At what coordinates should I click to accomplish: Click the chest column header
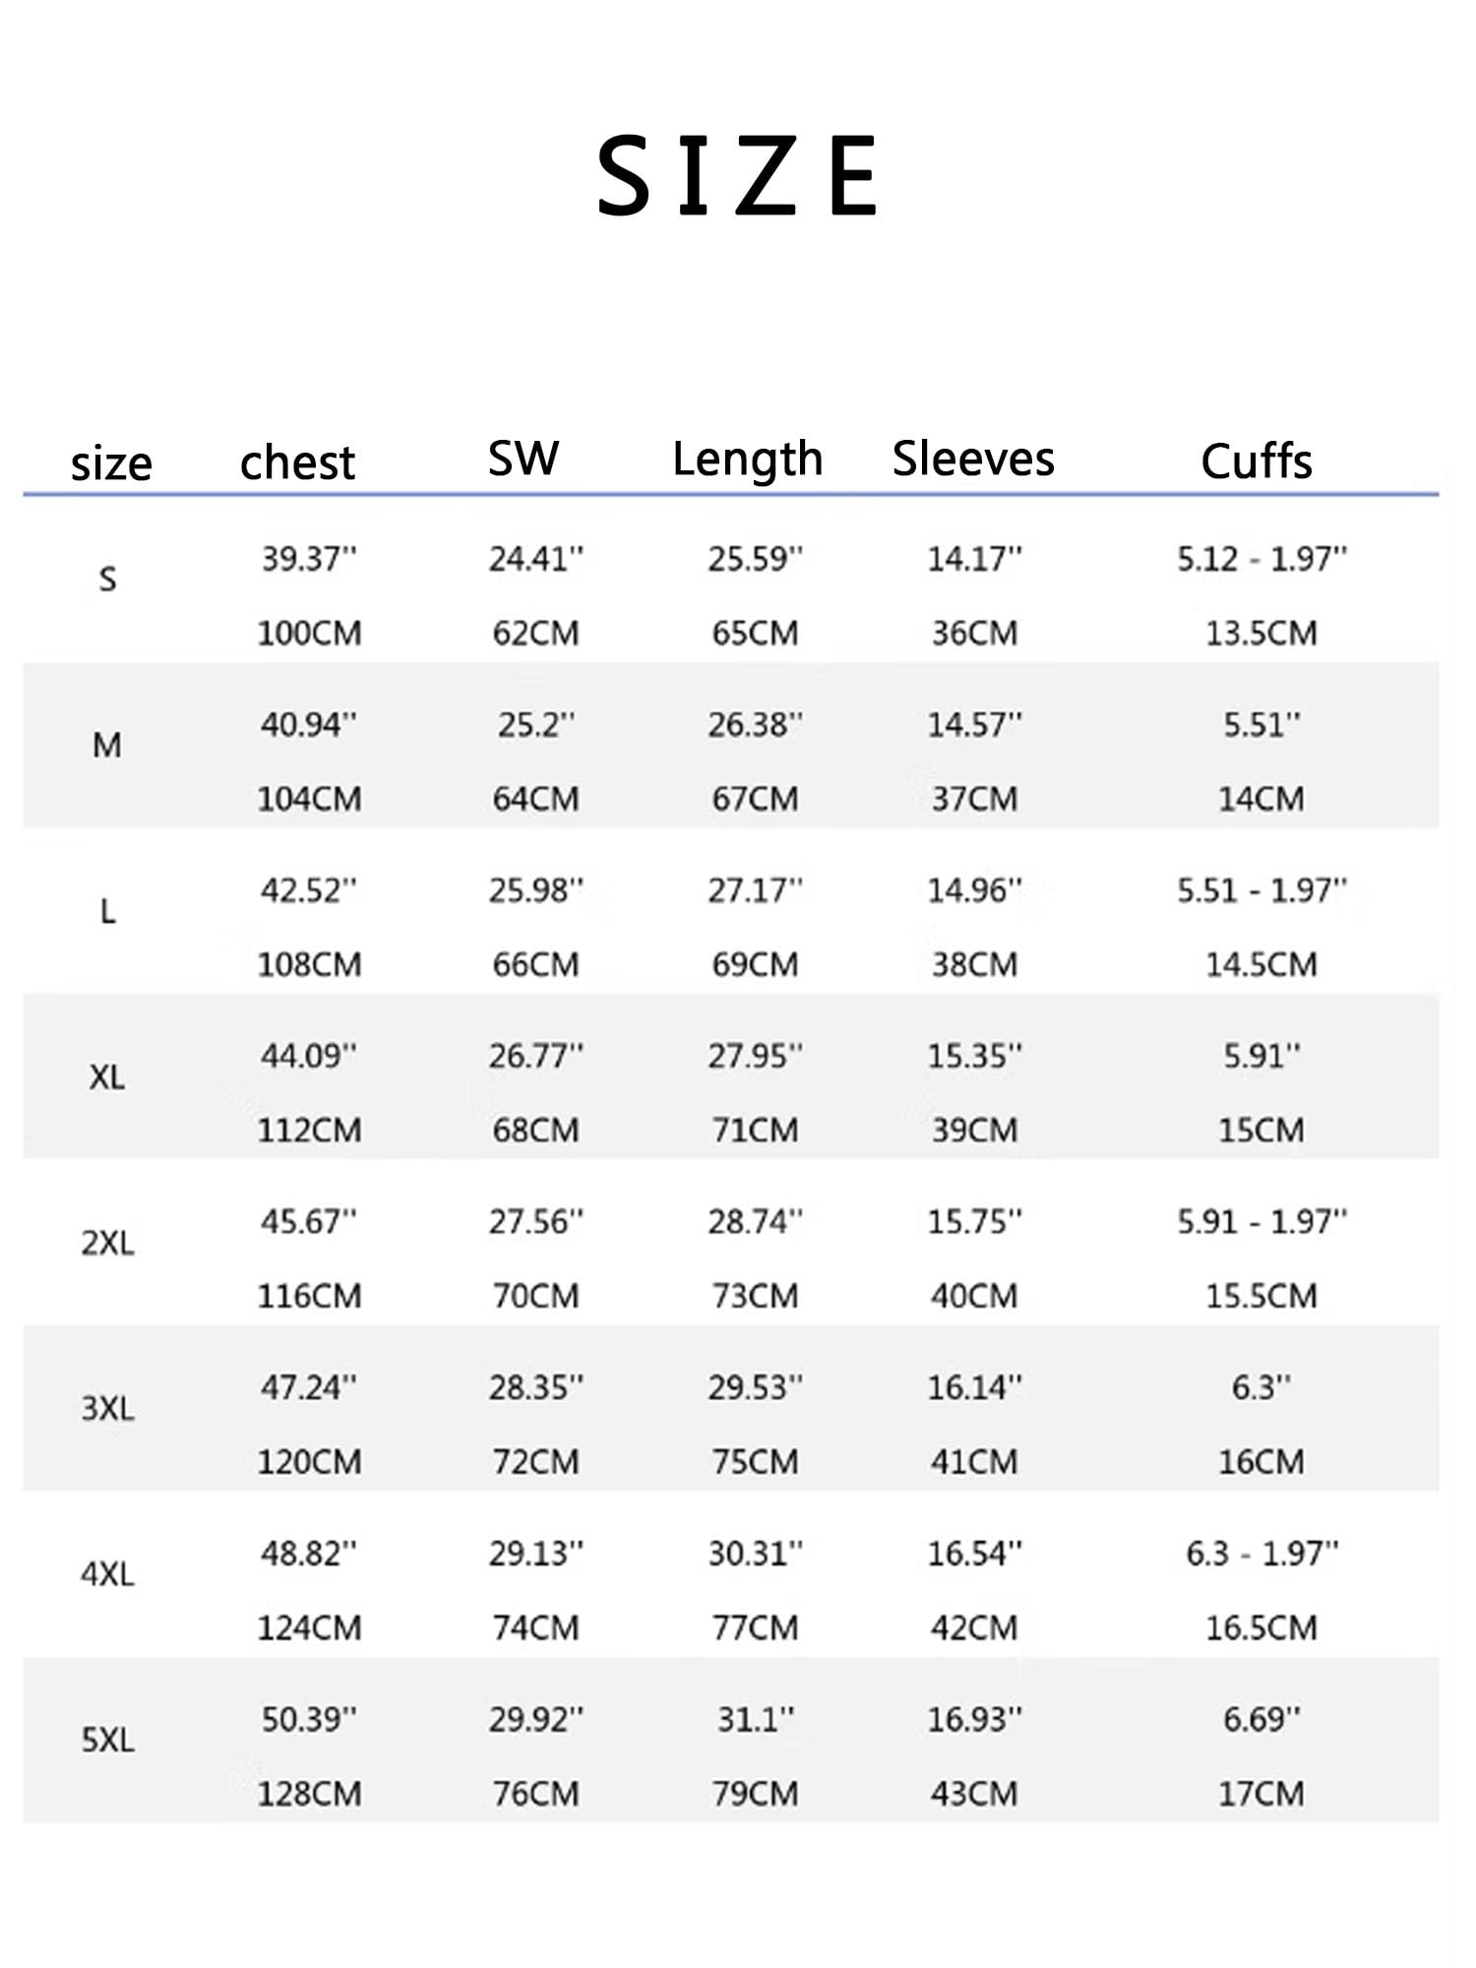click(x=297, y=461)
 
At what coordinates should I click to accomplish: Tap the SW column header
click(x=523, y=458)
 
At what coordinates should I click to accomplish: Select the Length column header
click(x=747, y=460)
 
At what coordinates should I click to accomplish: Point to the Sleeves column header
click(x=973, y=459)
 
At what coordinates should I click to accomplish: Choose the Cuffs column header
click(x=1257, y=461)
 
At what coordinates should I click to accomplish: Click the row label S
click(x=108, y=579)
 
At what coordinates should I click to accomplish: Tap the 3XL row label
click(x=107, y=1408)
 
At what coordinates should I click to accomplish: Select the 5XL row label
click(x=107, y=1740)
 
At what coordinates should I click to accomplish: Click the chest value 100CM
click(x=309, y=633)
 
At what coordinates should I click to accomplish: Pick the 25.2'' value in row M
click(x=535, y=725)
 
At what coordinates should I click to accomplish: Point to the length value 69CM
click(x=755, y=964)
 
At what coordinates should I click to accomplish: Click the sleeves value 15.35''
click(x=974, y=1056)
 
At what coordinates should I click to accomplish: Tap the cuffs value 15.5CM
click(x=1261, y=1296)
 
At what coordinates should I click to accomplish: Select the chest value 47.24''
click(x=309, y=1387)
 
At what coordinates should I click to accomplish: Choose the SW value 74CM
click(x=535, y=1628)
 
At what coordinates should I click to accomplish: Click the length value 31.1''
click(x=755, y=1719)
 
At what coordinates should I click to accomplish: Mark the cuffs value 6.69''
click(x=1261, y=1719)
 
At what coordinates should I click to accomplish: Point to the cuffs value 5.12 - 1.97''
click(x=1261, y=559)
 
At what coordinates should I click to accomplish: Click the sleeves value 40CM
click(x=974, y=1296)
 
